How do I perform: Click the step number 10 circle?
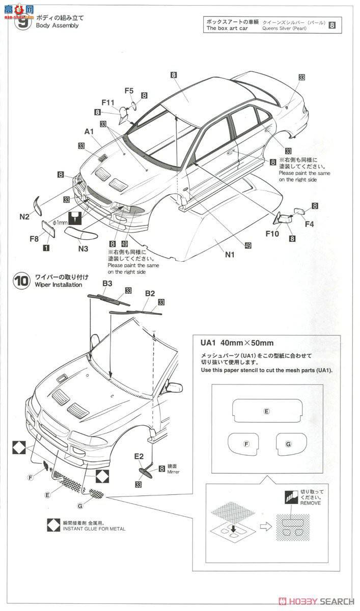(x=21, y=282)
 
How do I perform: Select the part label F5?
(x=129, y=91)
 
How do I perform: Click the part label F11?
(x=107, y=102)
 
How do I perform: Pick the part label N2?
(x=24, y=216)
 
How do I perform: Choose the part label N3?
(x=84, y=248)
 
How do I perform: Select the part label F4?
(x=309, y=223)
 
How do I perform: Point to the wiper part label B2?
(x=150, y=293)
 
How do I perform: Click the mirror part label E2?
(x=139, y=457)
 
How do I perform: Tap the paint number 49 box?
(x=248, y=245)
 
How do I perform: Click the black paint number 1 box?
(x=46, y=248)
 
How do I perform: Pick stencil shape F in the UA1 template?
(x=246, y=444)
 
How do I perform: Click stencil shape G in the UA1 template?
(x=288, y=444)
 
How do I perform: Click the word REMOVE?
(x=311, y=503)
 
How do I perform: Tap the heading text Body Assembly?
(x=57, y=25)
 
